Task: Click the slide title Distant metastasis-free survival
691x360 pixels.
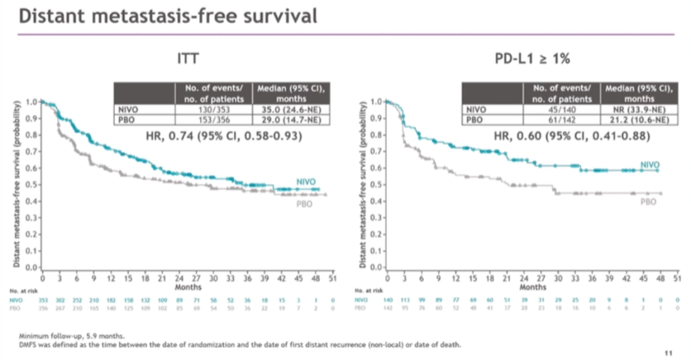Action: click(168, 16)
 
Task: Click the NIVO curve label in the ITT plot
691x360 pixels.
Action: click(306, 182)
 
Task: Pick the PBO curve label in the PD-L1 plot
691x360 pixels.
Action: click(649, 201)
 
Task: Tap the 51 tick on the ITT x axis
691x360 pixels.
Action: click(330, 279)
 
